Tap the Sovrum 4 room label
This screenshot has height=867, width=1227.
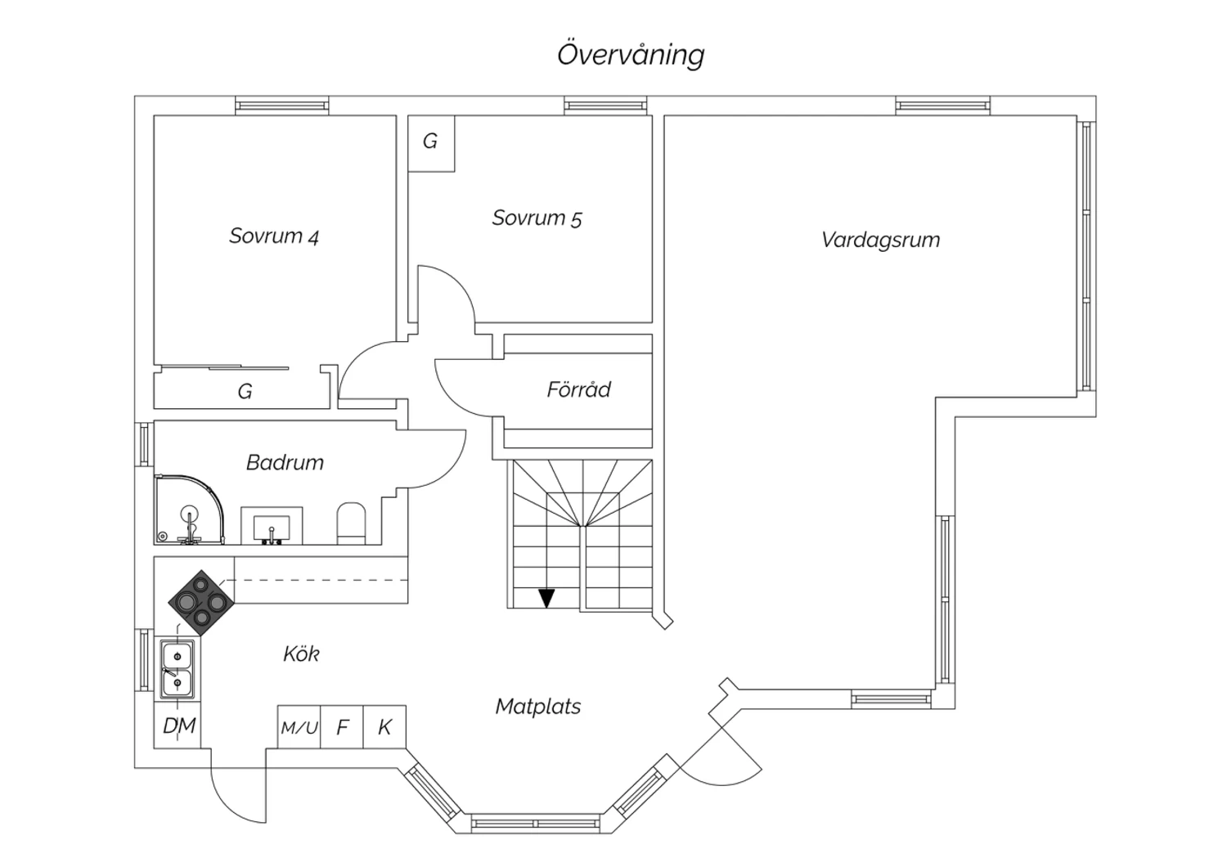[274, 236]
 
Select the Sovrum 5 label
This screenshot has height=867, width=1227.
[537, 218]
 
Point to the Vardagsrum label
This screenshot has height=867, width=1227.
[880, 240]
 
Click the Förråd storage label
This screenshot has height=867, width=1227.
[578, 389]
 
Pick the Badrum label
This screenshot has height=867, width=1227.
[285, 463]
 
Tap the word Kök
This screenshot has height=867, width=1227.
[301, 654]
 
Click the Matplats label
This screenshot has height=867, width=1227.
[538, 707]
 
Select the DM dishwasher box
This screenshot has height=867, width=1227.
[178, 725]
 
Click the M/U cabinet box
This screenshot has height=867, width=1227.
[299, 727]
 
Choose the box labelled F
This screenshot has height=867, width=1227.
[342, 727]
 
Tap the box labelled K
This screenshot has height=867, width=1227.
[384, 727]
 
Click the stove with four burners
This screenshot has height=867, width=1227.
[201, 603]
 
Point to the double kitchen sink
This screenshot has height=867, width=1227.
[177, 669]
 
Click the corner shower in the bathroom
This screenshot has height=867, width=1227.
[190, 510]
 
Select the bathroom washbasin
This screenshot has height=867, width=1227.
[272, 526]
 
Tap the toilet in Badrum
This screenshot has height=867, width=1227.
[351, 523]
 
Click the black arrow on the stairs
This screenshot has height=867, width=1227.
[546, 598]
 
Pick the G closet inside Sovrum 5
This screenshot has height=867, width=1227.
[431, 143]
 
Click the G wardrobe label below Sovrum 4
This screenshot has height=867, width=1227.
[245, 391]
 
